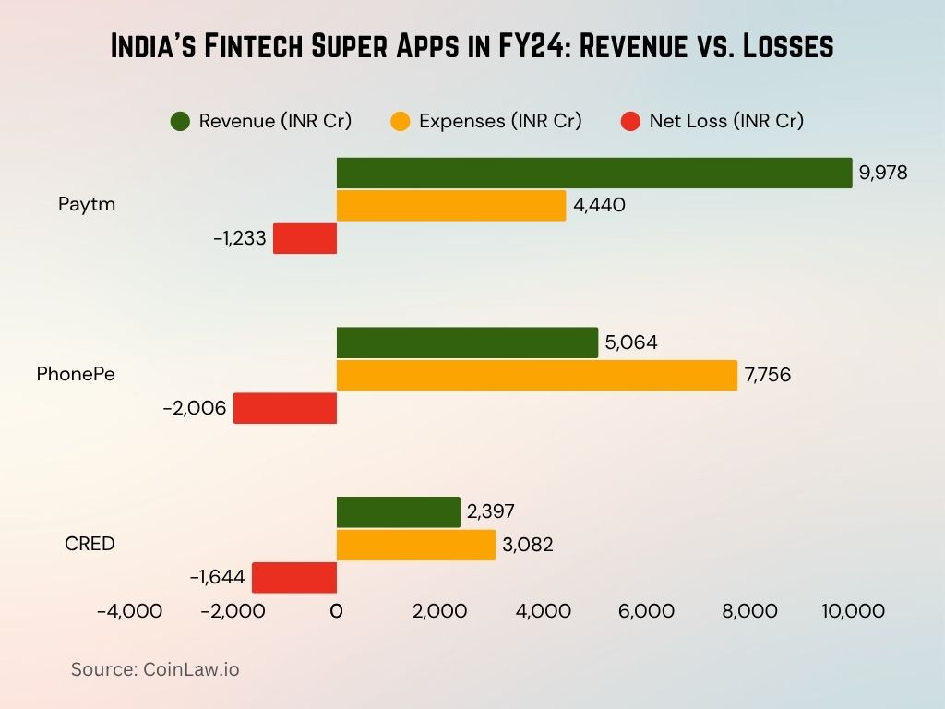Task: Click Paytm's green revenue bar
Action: click(593, 173)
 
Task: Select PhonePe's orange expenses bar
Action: click(536, 375)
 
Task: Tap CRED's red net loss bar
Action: click(294, 577)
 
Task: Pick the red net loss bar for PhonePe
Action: click(285, 408)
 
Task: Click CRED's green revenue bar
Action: click(398, 511)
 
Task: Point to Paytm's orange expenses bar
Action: click(450, 205)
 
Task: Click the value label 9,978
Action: click(883, 173)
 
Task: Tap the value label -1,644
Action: click(218, 578)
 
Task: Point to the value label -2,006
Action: click(195, 408)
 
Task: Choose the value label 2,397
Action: click(490, 511)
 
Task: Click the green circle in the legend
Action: click(180, 121)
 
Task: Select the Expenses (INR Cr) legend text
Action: click(500, 121)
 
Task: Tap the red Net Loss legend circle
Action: click(630, 121)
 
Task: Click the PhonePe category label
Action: click(76, 374)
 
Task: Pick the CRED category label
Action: click(90, 544)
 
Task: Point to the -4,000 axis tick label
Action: click(129, 611)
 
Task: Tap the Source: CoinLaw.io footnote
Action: click(155, 669)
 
